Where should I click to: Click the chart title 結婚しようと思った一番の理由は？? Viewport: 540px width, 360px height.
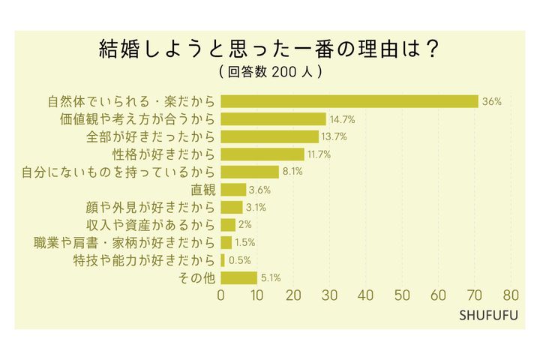(x=269, y=49)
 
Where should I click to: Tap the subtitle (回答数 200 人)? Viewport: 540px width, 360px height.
(x=270, y=73)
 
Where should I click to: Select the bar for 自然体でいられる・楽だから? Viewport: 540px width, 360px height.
(x=349, y=101)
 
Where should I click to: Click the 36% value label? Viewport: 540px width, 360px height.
(x=492, y=101)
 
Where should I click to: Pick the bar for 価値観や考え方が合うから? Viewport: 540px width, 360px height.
(x=274, y=119)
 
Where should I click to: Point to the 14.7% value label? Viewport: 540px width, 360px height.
(x=342, y=119)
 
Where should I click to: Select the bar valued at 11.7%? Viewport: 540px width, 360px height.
(x=262, y=154)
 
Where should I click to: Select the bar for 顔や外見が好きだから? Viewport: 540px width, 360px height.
(x=232, y=207)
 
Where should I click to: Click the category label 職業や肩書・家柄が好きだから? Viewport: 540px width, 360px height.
(x=124, y=242)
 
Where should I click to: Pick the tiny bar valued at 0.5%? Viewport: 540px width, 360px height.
(x=223, y=260)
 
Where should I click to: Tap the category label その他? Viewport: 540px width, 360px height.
(x=197, y=277)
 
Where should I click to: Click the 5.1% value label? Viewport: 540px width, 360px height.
(x=271, y=277)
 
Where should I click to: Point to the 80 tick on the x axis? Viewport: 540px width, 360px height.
(x=512, y=295)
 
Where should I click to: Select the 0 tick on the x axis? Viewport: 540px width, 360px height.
(x=221, y=295)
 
